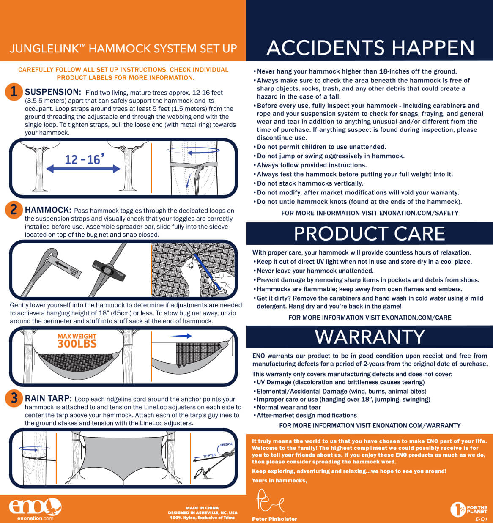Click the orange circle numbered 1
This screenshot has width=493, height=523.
(x=14, y=92)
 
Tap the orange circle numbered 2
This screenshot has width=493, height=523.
(x=14, y=210)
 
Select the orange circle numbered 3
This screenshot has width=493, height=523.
(x=14, y=398)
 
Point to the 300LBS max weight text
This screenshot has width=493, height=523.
(x=77, y=344)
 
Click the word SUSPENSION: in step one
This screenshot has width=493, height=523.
(x=53, y=92)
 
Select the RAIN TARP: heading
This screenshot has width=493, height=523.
(x=48, y=398)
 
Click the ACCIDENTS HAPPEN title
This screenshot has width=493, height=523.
(x=370, y=48)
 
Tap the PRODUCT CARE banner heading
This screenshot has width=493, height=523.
(x=370, y=233)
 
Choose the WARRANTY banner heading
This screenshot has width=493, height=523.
(x=370, y=337)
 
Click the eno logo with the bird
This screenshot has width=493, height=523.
(x=35, y=507)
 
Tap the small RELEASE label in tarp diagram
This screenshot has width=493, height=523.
(x=226, y=444)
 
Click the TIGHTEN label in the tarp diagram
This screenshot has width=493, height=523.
(x=209, y=456)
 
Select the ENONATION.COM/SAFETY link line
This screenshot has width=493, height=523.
(x=370, y=213)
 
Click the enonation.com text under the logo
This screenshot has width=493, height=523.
(x=35, y=518)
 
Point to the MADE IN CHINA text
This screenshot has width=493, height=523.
(x=202, y=508)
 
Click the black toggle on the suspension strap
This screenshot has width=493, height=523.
(x=109, y=271)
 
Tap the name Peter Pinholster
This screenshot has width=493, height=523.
(x=274, y=519)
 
